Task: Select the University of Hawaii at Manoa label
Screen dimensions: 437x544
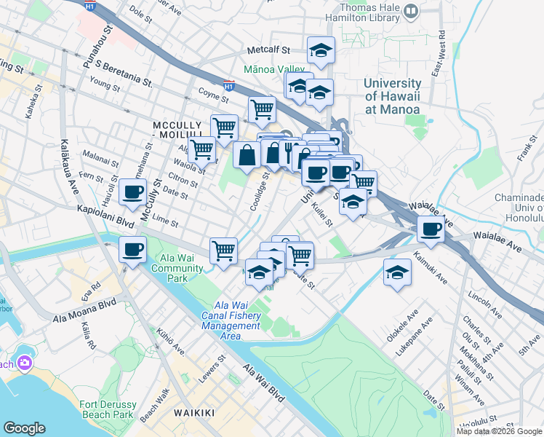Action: click(393, 96)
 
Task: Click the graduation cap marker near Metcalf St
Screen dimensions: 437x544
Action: click(321, 50)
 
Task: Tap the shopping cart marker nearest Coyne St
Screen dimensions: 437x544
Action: click(262, 110)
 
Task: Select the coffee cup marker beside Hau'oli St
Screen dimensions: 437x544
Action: click(132, 192)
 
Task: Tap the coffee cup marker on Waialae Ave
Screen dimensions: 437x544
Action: click(431, 229)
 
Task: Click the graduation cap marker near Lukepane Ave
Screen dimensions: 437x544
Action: click(397, 273)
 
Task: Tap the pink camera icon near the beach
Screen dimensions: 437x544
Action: click(25, 362)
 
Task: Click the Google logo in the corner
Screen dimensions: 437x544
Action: click(24, 428)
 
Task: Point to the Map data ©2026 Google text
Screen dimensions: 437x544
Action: click(499, 431)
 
